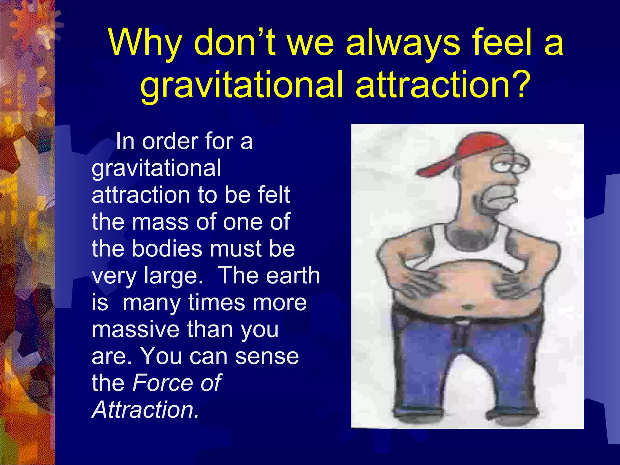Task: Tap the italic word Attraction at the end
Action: point(145,410)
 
